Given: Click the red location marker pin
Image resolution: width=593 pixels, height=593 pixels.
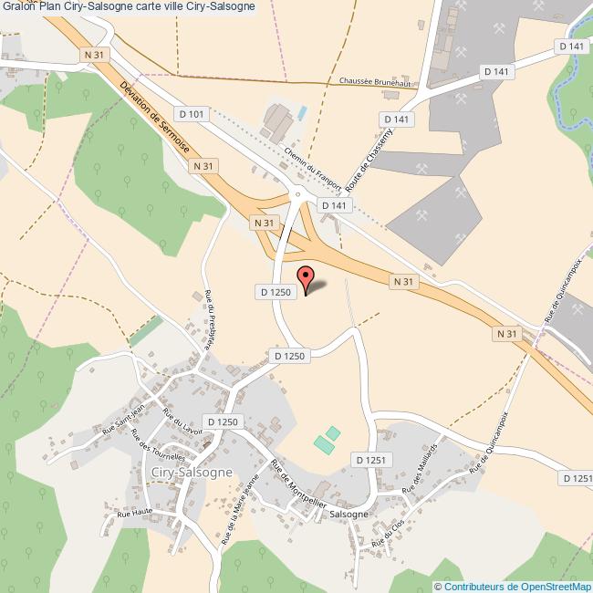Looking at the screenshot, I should [x=306, y=277].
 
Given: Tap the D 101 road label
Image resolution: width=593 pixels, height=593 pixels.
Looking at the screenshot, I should [x=195, y=114].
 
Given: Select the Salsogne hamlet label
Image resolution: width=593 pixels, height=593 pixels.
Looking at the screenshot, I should [x=349, y=514].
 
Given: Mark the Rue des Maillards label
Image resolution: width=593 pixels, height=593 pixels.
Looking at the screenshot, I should [x=422, y=467].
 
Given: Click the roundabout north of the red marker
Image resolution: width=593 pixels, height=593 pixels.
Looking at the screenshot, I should [x=296, y=192].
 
